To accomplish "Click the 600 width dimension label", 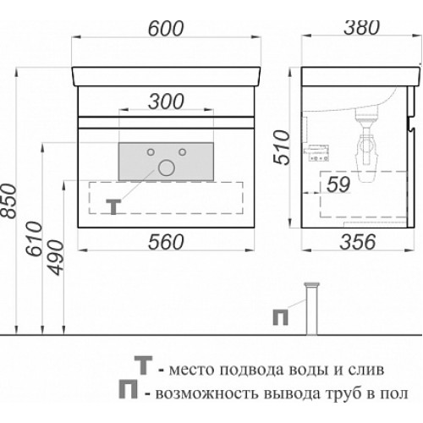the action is (x=166, y=29).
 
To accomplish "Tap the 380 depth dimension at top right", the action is (x=362, y=28).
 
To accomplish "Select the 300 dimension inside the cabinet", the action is (x=166, y=102).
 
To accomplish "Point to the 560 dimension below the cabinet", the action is (x=166, y=242).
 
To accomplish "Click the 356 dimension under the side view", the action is (x=358, y=242).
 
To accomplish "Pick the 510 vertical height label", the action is (x=282, y=147).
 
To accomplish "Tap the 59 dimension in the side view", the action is (x=338, y=184).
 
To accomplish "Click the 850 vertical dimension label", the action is (x=8, y=201).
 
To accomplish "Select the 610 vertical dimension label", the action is (x=34, y=239).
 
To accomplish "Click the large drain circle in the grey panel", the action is (x=167, y=168).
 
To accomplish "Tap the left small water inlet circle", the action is (x=151, y=152).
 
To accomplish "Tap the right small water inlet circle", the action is (x=183, y=152).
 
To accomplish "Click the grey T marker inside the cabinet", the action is (x=113, y=206).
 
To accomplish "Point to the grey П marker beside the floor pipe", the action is (x=281, y=317).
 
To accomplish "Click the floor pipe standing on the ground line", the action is (x=311, y=309).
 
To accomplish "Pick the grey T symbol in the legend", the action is (x=143, y=365).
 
